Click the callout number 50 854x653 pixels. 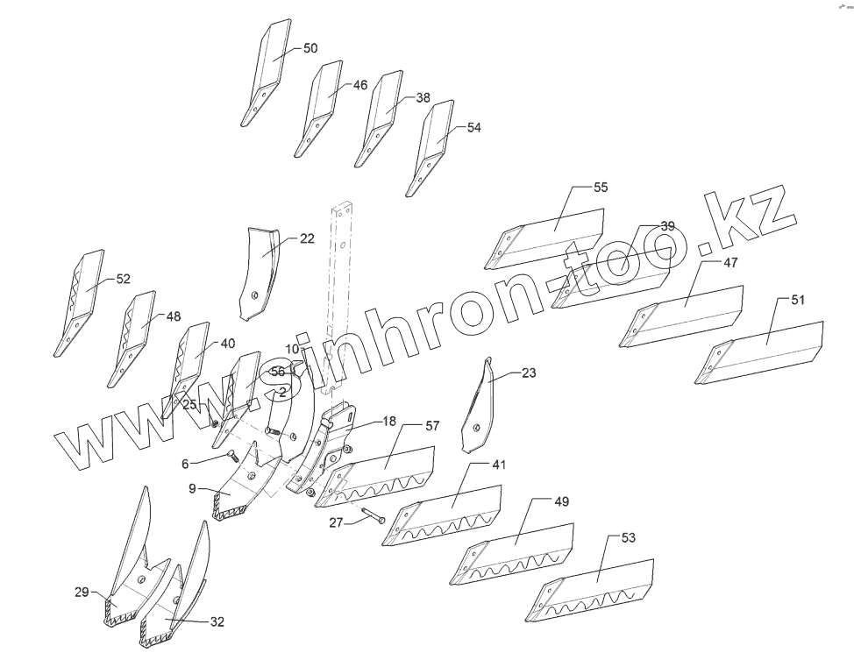coord(310,48)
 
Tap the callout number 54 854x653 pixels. coord(473,127)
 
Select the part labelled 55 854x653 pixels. coord(552,235)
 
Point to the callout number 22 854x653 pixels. coord(307,238)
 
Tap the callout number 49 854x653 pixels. coord(561,501)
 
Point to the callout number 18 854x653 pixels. coord(389,422)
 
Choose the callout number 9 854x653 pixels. coord(192,489)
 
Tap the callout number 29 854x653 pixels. coord(81,593)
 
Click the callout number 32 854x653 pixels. coord(217,621)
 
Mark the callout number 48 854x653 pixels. coord(173,316)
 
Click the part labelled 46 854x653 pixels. coord(320,110)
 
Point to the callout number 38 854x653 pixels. coord(423,98)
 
